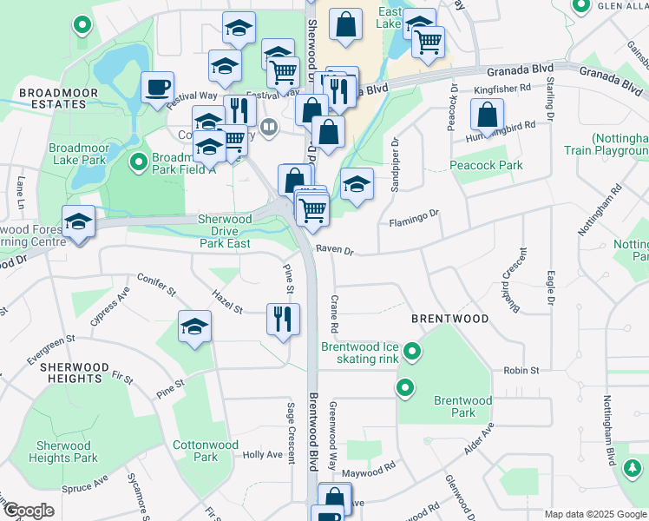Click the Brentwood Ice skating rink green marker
tap(412, 352)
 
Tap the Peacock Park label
tap(487, 165)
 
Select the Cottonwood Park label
tap(206, 451)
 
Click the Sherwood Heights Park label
tap(62, 452)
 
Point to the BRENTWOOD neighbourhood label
tap(449, 319)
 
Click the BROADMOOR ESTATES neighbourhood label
tap(52, 98)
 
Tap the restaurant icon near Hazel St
tap(283, 319)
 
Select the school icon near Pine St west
tap(195, 326)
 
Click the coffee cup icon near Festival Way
tap(157, 87)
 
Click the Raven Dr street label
tap(335, 250)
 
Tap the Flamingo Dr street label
tap(415, 213)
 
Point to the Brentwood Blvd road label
tap(314, 432)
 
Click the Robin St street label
tap(521, 370)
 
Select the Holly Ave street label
tap(262, 454)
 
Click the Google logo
tap(29, 511)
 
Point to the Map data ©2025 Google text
tap(594, 514)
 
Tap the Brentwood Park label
tap(462, 406)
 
